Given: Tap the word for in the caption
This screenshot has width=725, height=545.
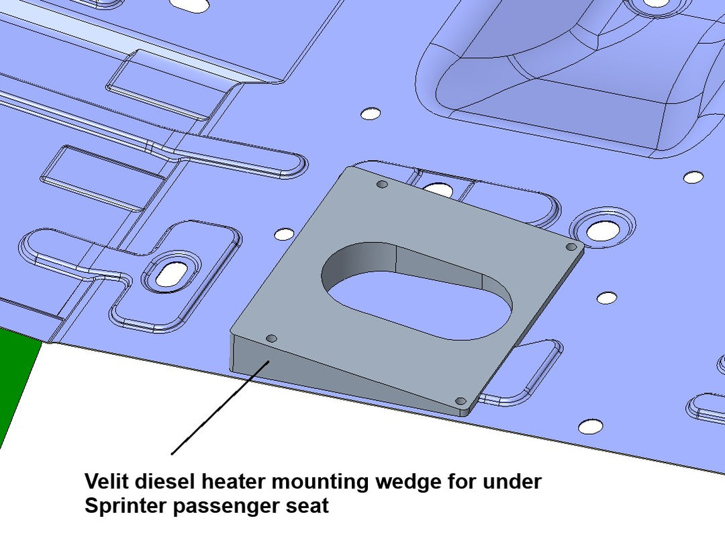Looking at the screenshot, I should (457, 481).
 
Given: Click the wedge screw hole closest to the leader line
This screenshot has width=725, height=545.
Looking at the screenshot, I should (271, 337).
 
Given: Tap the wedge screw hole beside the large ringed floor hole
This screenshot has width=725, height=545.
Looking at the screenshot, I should (571, 247).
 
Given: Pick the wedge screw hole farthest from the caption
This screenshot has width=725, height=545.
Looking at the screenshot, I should (382, 184).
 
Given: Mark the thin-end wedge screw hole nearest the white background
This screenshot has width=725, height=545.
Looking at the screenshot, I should (461, 401).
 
